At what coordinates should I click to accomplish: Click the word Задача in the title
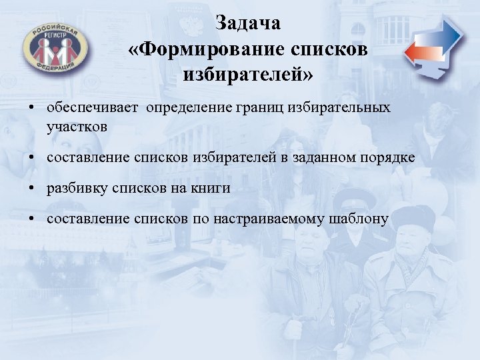[249, 24]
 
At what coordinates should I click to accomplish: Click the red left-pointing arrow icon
[419, 53]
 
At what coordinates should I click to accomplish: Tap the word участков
[73, 125]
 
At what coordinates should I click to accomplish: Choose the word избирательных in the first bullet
[348, 108]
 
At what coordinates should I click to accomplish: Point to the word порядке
[387, 157]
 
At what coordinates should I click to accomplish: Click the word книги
[213, 189]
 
